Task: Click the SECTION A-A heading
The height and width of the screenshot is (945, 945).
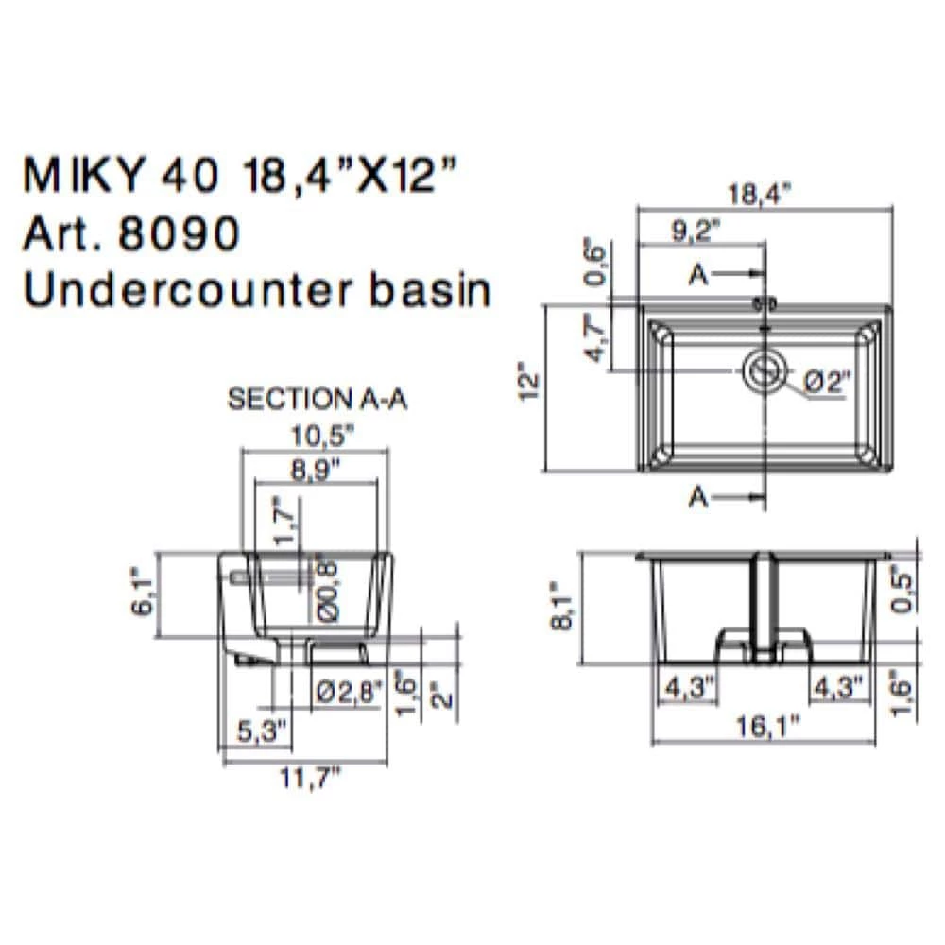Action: (x=318, y=400)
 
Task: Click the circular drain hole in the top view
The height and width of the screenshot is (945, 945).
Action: (x=762, y=369)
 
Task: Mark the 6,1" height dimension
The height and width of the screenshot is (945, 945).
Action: (x=143, y=593)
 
